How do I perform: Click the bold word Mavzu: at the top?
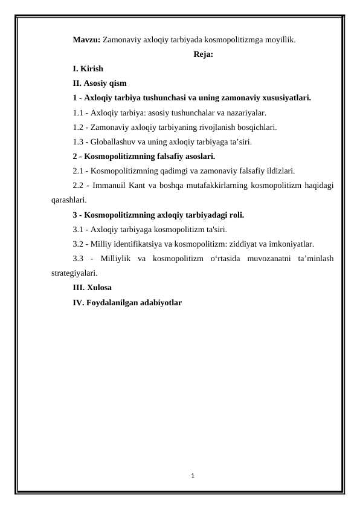[86, 40]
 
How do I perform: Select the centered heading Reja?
[203, 54]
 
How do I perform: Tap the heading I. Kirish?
[88, 69]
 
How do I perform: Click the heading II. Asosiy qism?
[99, 83]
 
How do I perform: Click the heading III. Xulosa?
[92, 287]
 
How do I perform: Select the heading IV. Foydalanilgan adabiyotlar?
[127, 302]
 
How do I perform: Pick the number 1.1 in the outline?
[78, 112]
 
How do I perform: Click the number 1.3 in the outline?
[78, 142]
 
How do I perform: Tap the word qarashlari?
[69, 199]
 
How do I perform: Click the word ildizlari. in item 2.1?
[280, 170]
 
